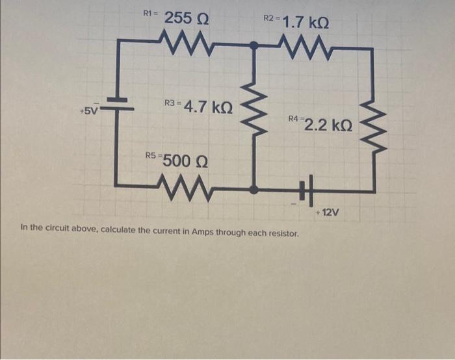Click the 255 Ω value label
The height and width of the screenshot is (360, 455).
pyautogui.click(x=187, y=18)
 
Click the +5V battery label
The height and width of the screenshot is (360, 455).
pyautogui.click(x=88, y=110)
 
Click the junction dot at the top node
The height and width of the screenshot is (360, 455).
pyautogui.click(x=254, y=45)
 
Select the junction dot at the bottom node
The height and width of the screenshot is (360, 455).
pyautogui.click(x=254, y=189)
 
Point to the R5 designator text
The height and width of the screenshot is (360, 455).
pyautogui.click(x=151, y=156)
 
